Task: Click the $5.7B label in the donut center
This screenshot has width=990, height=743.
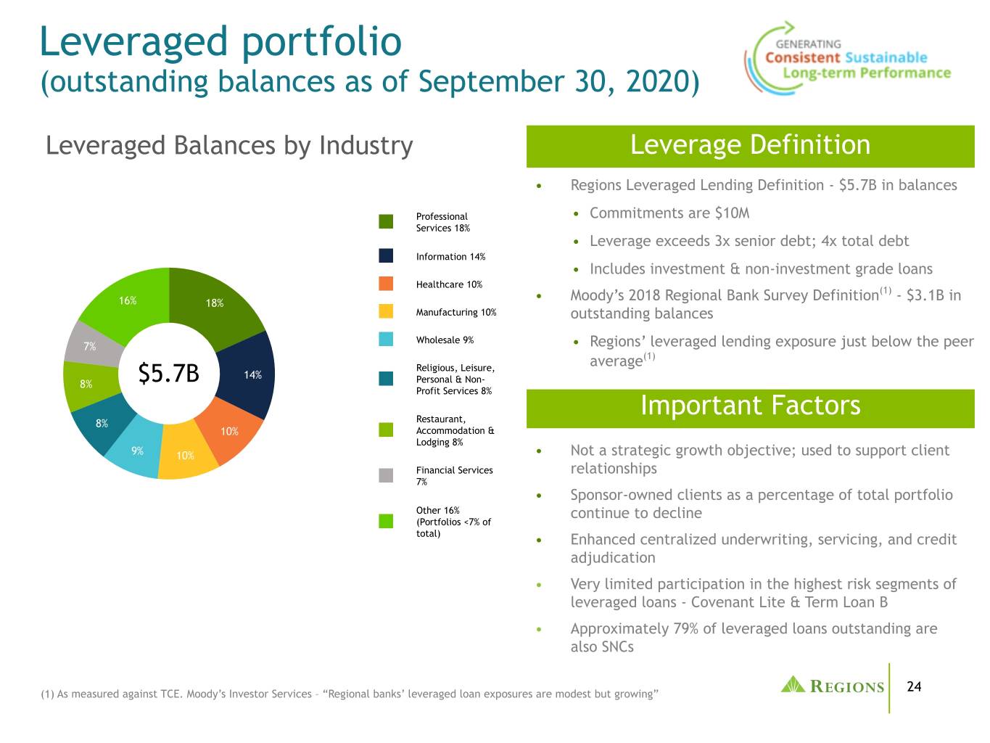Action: [x=168, y=374]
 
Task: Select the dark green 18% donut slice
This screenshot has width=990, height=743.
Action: [x=215, y=307]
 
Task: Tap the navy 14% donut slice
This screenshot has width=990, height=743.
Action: [x=249, y=375]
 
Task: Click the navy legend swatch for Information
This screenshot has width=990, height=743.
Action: [x=386, y=256]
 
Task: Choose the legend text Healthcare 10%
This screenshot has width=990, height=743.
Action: [x=449, y=284]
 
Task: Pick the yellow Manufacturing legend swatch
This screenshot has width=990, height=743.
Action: [x=386, y=311]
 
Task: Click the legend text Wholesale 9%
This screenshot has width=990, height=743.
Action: [x=445, y=340]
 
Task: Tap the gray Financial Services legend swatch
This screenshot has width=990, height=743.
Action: [x=386, y=475]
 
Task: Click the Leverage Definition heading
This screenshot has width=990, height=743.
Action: [x=750, y=145]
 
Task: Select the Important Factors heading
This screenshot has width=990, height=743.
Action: [x=751, y=405]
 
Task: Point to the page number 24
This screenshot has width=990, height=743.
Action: [x=914, y=686]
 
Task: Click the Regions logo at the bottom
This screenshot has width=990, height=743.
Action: [x=833, y=686]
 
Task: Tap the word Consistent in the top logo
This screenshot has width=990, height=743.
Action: [x=802, y=58]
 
